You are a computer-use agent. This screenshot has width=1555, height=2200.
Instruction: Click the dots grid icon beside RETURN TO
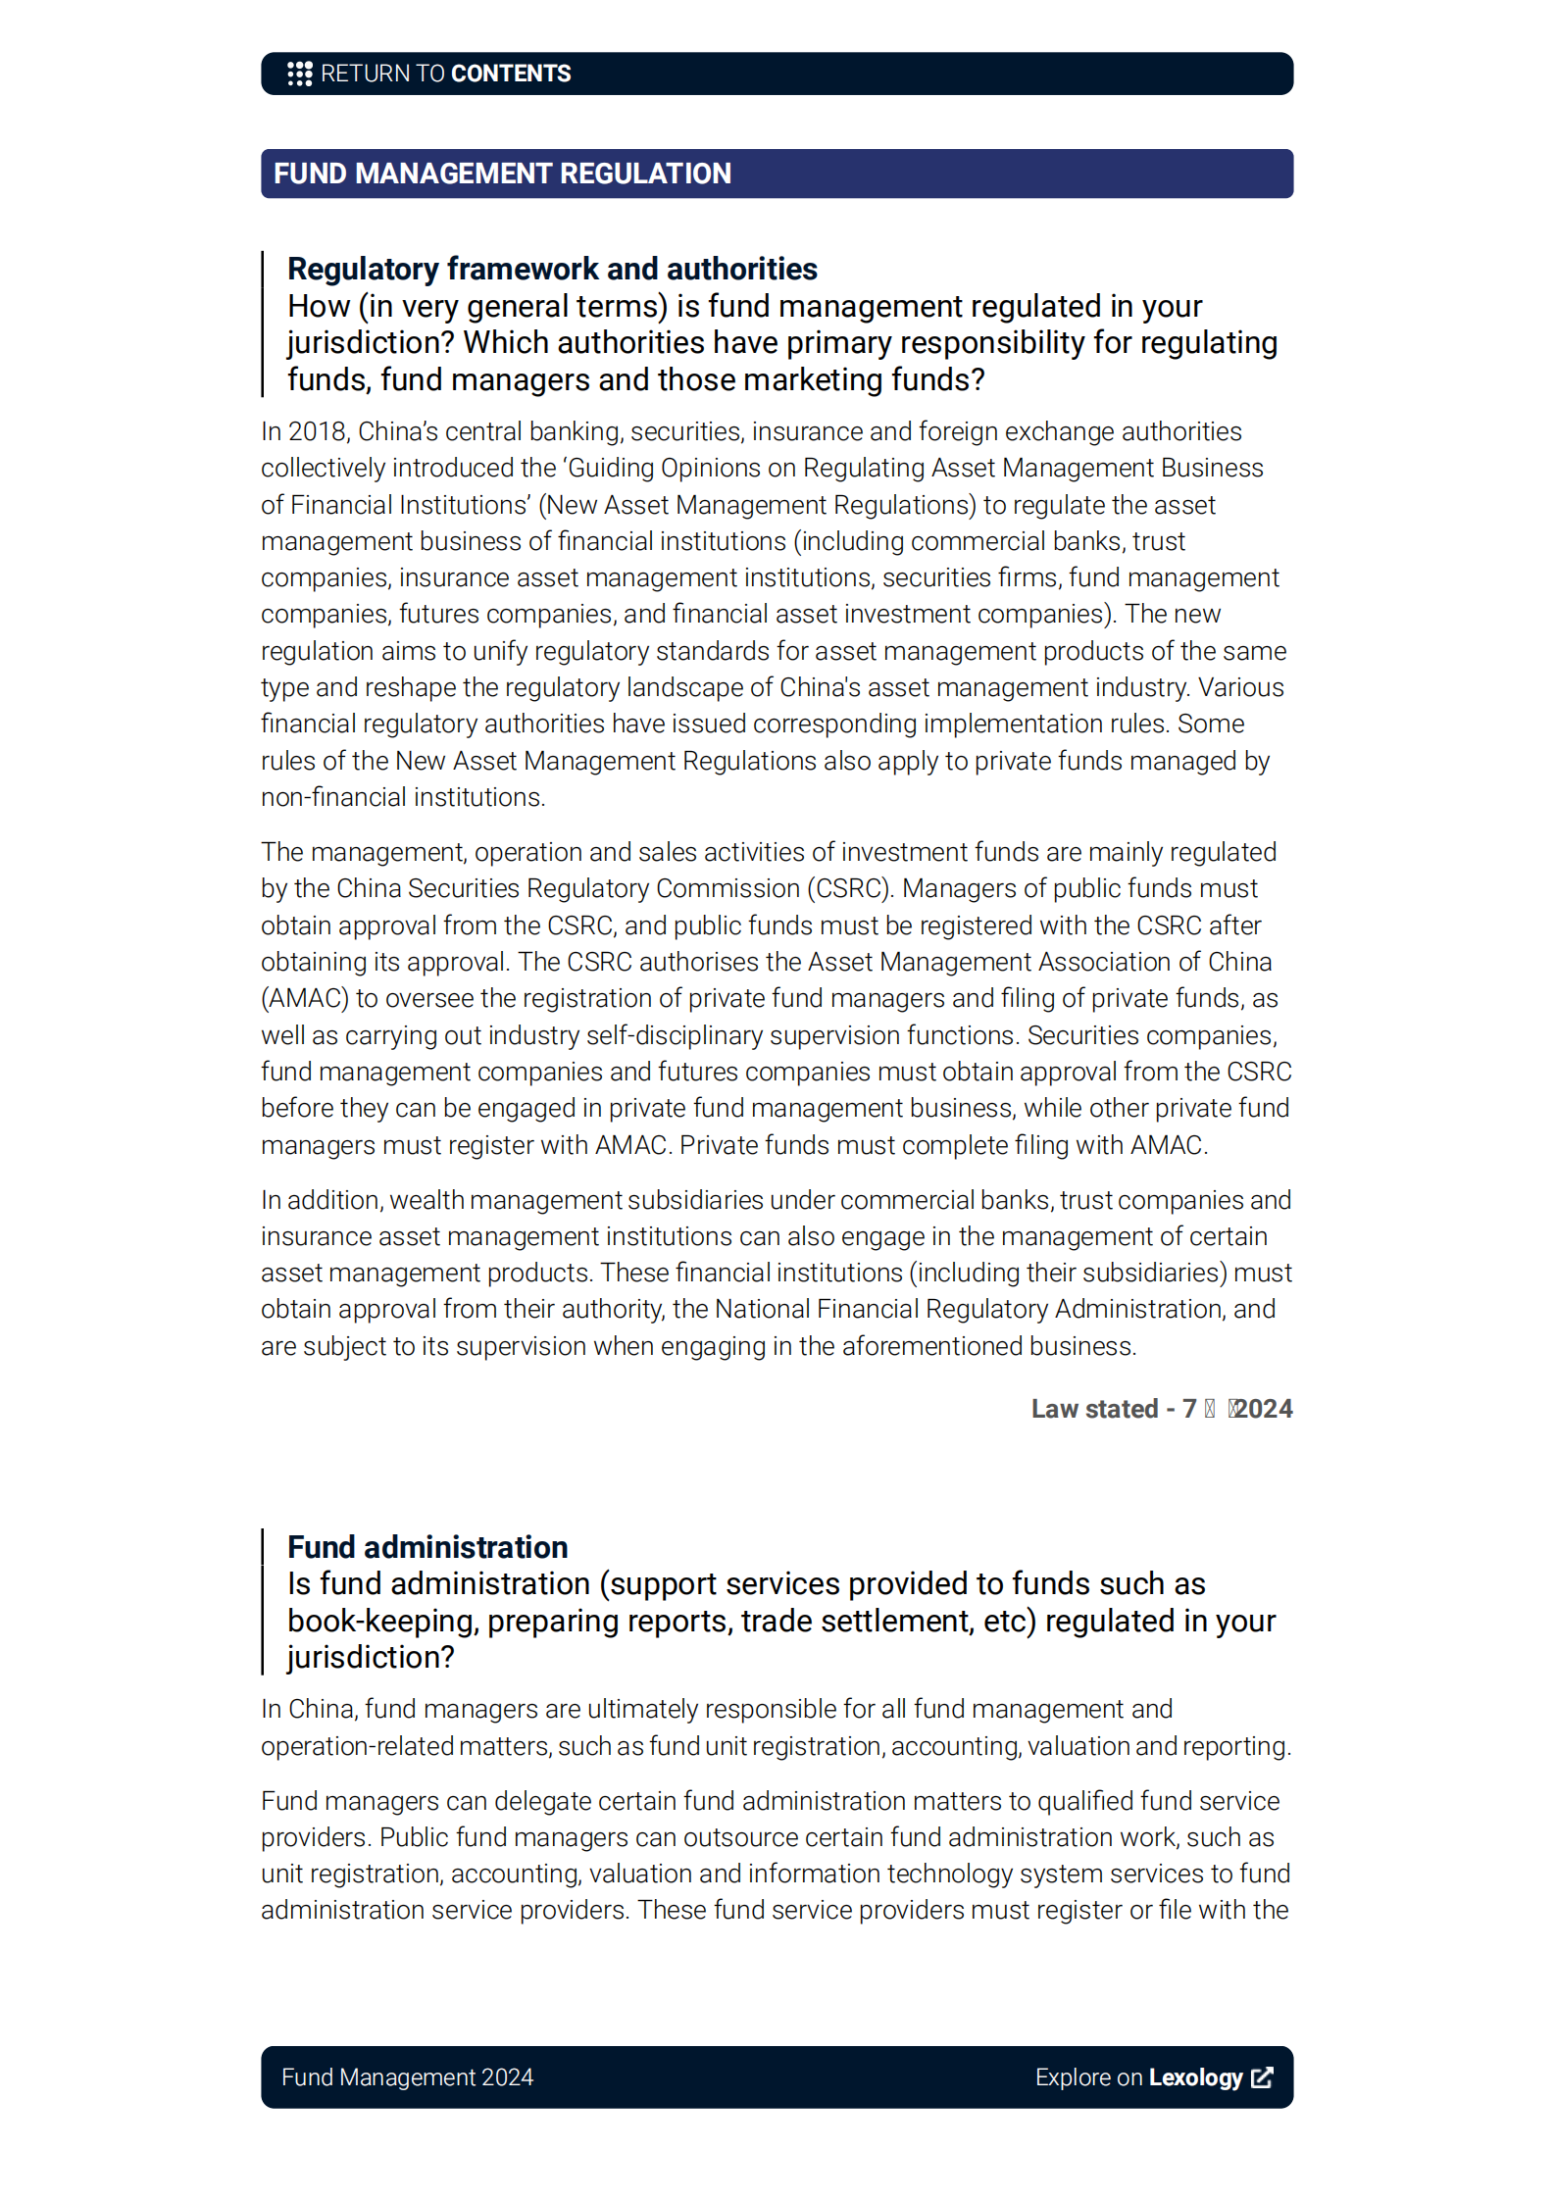(x=299, y=74)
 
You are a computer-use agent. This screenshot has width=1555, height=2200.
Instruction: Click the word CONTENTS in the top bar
(x=511, y=74)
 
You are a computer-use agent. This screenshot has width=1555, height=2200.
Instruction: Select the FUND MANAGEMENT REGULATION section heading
(x=502, y=174)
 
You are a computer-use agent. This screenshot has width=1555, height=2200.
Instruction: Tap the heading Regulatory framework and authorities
(x=552, y=269)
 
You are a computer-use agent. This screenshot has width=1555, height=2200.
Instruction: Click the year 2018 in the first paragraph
(x=318, y=431)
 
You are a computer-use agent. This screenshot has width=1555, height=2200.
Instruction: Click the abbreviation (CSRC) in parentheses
(x=849, y=888)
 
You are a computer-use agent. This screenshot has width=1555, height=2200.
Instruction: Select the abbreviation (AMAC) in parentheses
(x=305, y=998)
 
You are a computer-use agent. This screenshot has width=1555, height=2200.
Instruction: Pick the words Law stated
(x=1094, y=1409)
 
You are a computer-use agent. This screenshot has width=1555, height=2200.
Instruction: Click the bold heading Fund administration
(x=427, y=1547)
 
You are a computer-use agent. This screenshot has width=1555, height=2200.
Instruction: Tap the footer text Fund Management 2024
(x=407, y=2077)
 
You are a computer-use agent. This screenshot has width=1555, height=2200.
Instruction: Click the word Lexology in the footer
(x=1195, y=2077)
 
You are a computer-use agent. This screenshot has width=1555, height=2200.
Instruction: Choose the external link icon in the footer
(x=1263, y=2077)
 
